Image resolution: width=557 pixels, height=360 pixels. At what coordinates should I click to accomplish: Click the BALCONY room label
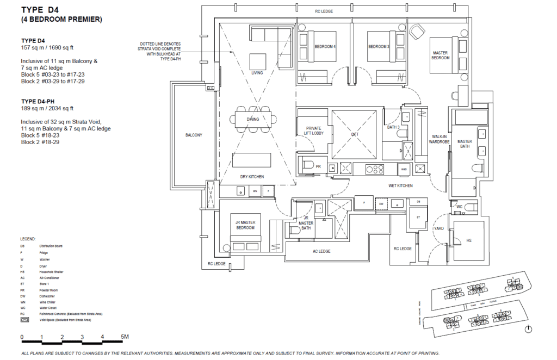(193, 135)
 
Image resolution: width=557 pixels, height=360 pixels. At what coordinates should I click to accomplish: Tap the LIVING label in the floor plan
(257, 73)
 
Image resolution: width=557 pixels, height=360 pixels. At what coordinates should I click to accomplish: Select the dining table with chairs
(253, 119)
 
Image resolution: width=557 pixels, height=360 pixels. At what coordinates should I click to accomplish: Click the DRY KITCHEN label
(252, 177)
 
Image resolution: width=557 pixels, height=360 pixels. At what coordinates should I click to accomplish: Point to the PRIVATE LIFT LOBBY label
(313, 131)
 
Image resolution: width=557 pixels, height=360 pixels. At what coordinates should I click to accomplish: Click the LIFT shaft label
(355, 133)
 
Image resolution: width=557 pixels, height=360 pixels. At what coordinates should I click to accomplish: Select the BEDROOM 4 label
(325, 47)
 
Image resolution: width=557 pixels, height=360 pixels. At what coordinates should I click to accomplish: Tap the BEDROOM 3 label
(379, 47)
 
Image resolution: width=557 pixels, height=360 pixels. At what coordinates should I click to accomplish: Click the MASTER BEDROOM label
(440, 55)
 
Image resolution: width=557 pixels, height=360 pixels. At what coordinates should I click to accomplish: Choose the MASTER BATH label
(464, 144)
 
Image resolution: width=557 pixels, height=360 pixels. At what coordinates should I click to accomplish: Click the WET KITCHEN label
(400, 186)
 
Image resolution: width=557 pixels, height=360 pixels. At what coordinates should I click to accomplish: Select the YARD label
(438, 229)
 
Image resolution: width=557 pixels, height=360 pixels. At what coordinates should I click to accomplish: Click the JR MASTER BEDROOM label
(245, 225)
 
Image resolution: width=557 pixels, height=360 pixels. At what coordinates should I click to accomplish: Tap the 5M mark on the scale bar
(125, 337)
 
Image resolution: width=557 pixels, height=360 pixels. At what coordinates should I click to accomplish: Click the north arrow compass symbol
(529, 329)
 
